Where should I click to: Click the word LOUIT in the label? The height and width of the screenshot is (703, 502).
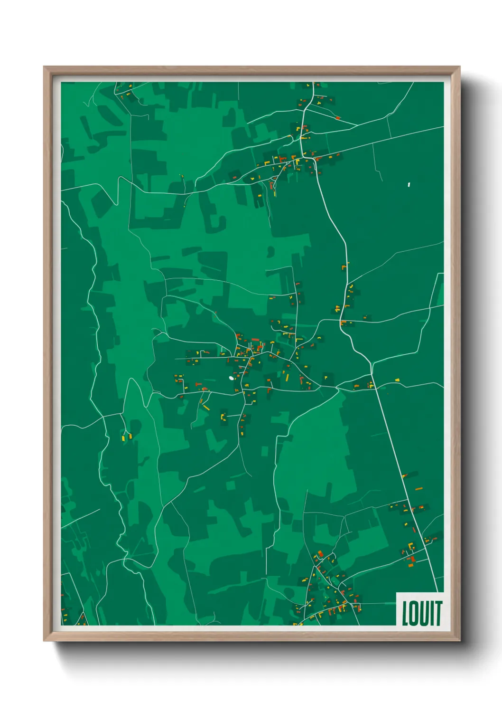tap(422, 613)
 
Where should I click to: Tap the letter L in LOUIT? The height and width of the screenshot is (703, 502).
tap(406, 613)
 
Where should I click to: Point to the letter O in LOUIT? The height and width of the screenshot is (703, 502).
tap(415, 613)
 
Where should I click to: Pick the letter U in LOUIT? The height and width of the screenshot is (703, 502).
tap(425, 613)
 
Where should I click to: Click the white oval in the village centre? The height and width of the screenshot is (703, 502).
tap(231, 378)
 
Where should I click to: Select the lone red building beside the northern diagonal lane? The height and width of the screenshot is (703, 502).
tap(338, 117)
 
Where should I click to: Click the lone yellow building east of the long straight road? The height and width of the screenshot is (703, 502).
tap(397, 380)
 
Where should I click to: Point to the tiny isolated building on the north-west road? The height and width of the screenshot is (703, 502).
tap(181, 176)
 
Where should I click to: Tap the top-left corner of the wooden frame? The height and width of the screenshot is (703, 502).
tap(44, 67)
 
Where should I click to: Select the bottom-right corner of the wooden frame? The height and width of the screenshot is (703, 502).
tap(459, 641)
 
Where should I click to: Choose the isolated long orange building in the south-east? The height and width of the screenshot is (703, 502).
tap(418, 488)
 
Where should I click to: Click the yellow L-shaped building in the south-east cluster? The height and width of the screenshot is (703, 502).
tap(411, 546)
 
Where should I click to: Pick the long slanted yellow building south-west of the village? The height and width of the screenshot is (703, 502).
tap(206, 407)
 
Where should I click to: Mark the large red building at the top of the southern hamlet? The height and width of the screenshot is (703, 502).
tap(320, 553)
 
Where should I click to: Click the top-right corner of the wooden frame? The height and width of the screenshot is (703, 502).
tap(459, 67)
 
